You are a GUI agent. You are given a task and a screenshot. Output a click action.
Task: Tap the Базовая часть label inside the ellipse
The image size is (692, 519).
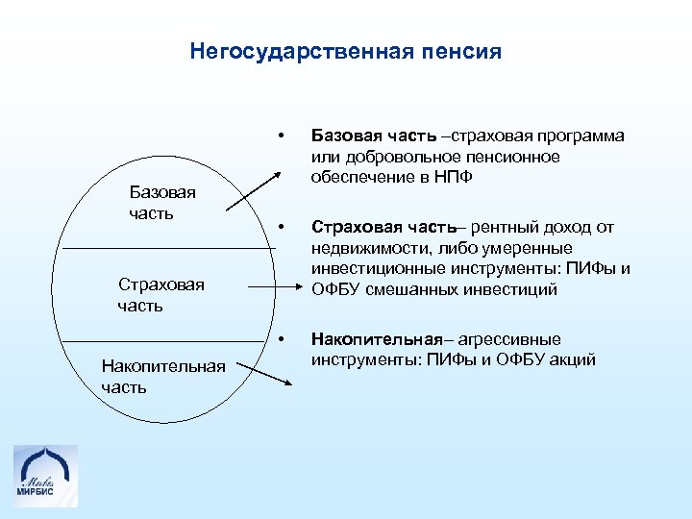coord(161,202)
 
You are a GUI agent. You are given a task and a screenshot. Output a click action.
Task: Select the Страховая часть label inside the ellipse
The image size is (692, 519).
coord(161,295)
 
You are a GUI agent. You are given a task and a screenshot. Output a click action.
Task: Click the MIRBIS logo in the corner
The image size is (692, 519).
coord(46,476)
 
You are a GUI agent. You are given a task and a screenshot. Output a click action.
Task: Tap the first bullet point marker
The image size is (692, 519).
coord(281,135)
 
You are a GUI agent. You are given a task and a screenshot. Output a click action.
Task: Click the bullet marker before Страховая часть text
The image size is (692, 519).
coord(281,227)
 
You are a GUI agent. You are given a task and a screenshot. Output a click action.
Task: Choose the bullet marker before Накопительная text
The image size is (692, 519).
coord(281,339)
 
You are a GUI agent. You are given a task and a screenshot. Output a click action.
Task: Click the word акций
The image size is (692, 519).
coord(573,360)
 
